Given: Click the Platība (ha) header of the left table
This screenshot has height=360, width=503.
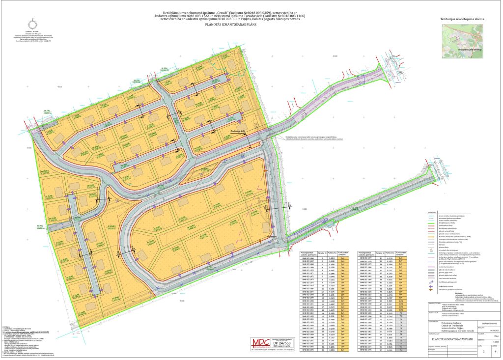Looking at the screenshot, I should click(x=332, y=252).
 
